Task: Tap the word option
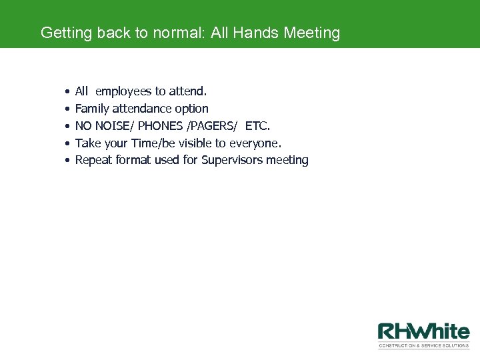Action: pos(193,109)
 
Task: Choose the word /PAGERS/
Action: pos(212,126)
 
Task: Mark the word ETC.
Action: pos(258,126)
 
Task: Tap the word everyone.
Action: pos(255,143)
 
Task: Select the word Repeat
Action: pos(93,160)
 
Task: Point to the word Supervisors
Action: pos(232,160)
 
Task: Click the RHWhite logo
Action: pos(423,331)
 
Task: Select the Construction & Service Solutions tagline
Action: pos(423,345)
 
